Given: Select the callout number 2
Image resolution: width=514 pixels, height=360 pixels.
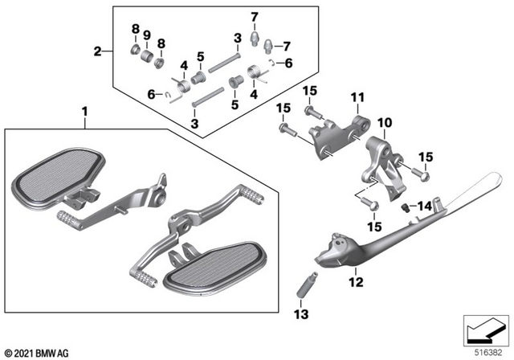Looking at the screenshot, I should coord(97,51).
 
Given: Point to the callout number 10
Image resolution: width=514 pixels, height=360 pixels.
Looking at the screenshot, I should coord(385,123).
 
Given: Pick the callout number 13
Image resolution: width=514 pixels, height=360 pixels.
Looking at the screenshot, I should coord(301,314).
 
